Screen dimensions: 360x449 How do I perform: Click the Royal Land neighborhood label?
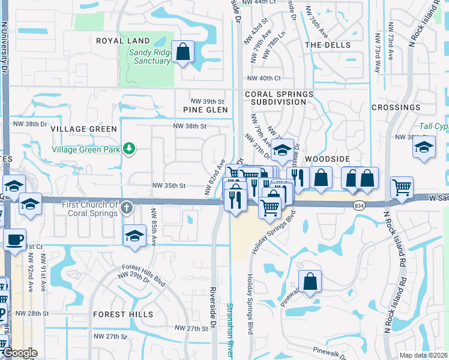click(x=122, y=41)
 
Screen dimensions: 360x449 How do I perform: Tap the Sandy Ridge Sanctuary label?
click(x=149, y=56)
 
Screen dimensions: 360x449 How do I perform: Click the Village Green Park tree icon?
click(x=128, y=148)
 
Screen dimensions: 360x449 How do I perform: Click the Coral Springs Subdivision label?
click(x=279, y=98)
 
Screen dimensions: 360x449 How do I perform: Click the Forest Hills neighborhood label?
click(x=123, y=314)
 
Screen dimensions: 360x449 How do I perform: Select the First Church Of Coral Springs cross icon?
click(x=126, y=208)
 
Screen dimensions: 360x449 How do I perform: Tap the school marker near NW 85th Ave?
click(x=135, y=235)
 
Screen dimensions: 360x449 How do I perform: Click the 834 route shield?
click(x=358, y=206)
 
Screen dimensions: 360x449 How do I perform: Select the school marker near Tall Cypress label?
click(x=424, y=146)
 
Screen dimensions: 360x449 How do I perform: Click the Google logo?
click(x=20, y=353)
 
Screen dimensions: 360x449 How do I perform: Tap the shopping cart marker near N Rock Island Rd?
click(x=402, y=187)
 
